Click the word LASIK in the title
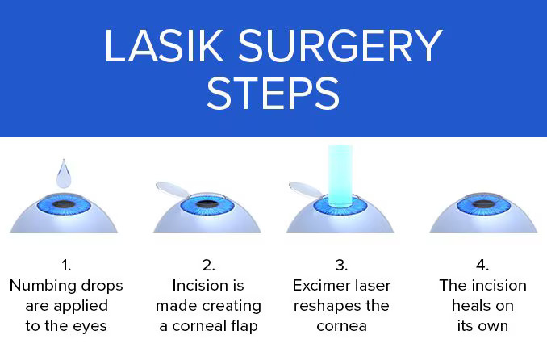pyautogui.click(x=164, y=46)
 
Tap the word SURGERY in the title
pyautogui.click(x=340, y=46)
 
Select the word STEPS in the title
pyautogui.click(x=273, y=94)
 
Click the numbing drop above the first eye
pyautogui.click(x=64, y=174)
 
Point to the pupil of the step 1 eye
pyautogui.click(x=64, y=204)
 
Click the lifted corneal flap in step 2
pyautogui.click(x=173, y=190)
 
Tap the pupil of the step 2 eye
pyautogui.click(x=207, y=203)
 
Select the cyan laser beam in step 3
pyautogui.click(x=340, y=175)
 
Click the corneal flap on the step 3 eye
pyautogui.click(x=307, y=190)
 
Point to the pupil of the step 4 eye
pyautogui.click(x=483, y=204)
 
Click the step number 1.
pyautogui.click(x=66, y=265)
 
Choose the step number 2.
pyautogui.click(x=208, y=265)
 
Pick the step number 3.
pyautogui.click(x=341, y=265)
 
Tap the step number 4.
pyautogui.click(x=482, y=265)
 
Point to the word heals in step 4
pyautogui.click(x=470, y=306)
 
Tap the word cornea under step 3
pyautogui.click(x=341, y=327)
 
